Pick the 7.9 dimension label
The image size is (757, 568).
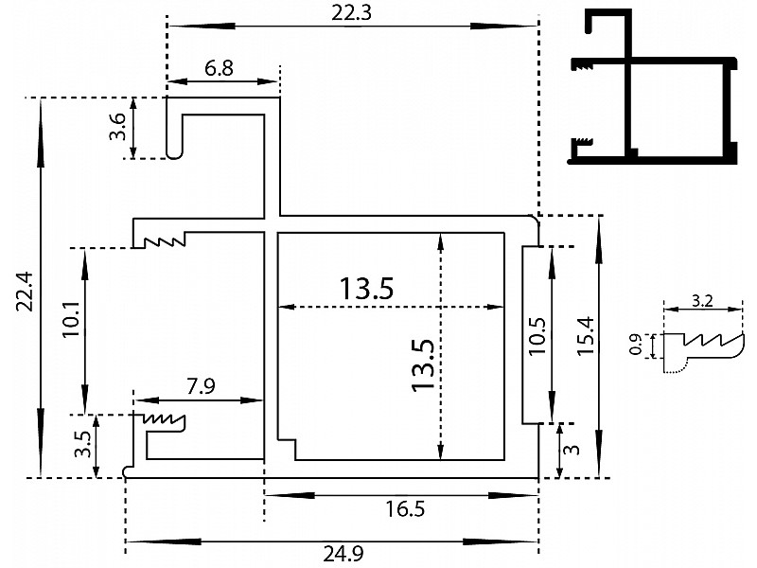(x=202, y=386)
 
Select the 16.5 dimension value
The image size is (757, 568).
(x=405, y=509)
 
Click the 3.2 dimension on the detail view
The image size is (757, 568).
(x=702, y=301)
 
